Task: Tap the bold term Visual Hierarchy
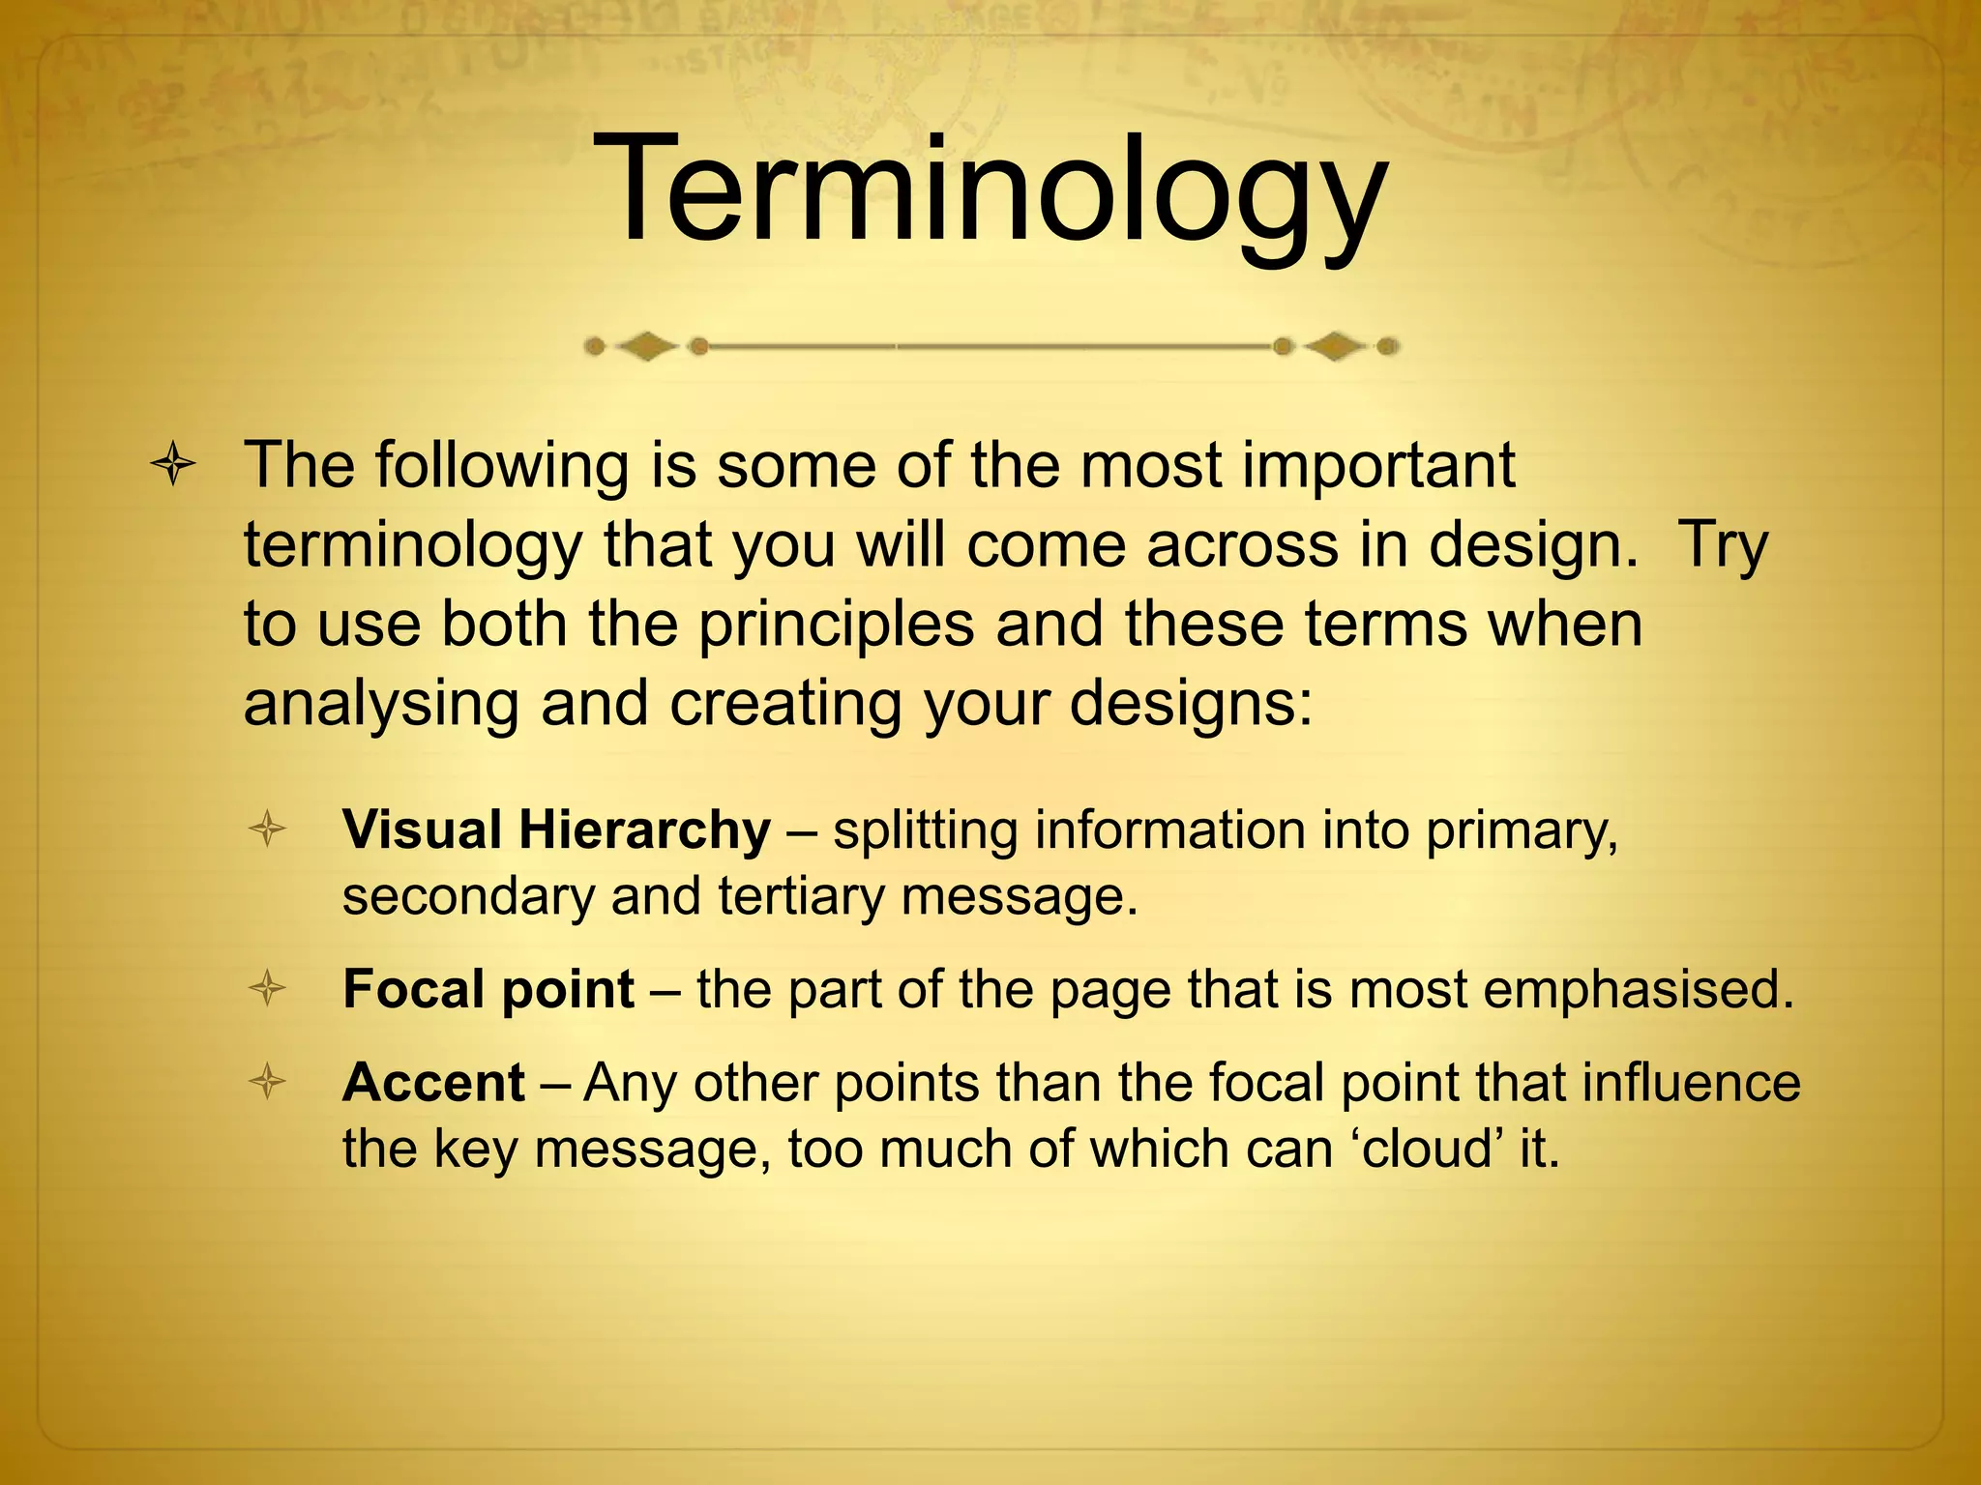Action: coord(556,830)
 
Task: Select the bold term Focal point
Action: coord(488,989)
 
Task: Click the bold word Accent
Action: coord(433,1082)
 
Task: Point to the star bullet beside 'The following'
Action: coord(174,466)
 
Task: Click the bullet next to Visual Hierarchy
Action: coord(267,830)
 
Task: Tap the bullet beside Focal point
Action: coord(267,989)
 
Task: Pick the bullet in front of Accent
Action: coord(267,1082)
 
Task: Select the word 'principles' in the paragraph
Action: coord(836,624)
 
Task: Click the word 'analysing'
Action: coord(381,703)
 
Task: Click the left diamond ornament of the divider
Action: coord(646,346)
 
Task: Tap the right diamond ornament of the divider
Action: coord(1336,346)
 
